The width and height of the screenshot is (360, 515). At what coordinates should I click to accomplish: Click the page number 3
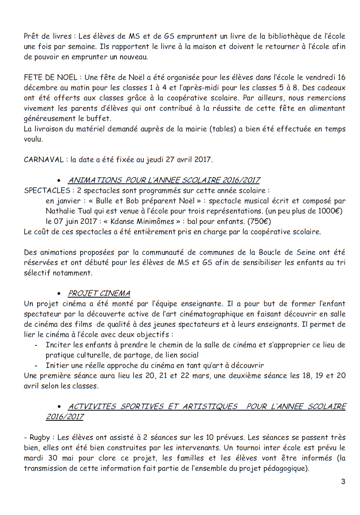pos(343,481)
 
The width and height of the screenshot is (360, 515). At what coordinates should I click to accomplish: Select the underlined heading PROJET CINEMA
pos(99,293)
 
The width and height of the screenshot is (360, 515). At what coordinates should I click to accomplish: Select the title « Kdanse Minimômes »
pos(142,221)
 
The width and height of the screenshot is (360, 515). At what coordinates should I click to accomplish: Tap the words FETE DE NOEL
pos(51,77)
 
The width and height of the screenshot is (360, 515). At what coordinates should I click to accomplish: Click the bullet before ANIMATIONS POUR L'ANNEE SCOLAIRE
pos(59,181)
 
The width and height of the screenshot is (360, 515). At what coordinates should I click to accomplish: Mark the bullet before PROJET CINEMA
pos(59,294)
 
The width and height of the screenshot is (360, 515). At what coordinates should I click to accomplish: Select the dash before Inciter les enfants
pos(36,345)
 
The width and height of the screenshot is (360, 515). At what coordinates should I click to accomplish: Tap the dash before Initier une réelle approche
pos(36,366)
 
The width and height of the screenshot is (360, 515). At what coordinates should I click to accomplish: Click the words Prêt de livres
pos(48,36)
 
